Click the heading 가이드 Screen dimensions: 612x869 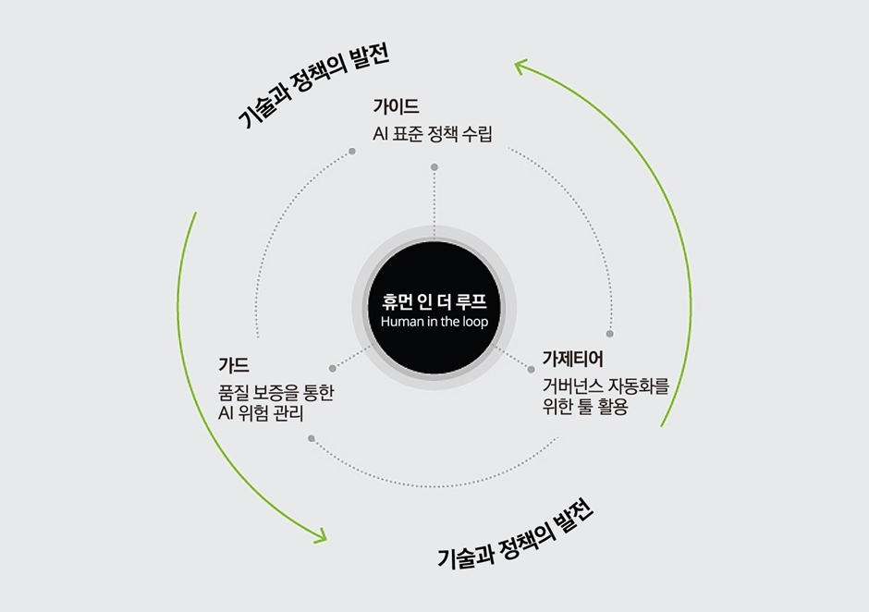[396, 105]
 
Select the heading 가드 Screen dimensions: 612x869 [234, 363]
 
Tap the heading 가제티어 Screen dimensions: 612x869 [573, 359]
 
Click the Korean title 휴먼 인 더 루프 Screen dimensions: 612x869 [434, 302]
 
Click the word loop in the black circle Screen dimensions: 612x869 [472, 322]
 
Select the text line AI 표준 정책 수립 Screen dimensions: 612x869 [433, 135]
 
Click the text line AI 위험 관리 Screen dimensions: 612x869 [262, 412]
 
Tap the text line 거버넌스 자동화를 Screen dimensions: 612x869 [606, 386]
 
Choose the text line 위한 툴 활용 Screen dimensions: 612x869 [586, 406]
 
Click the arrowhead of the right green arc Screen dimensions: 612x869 [520, 67]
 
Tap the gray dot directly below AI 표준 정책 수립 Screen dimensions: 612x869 [434, 166]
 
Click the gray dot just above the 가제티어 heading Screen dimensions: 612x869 [610, 333]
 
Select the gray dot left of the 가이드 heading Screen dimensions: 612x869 [352, 151]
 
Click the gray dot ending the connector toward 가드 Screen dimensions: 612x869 [331, 365]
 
